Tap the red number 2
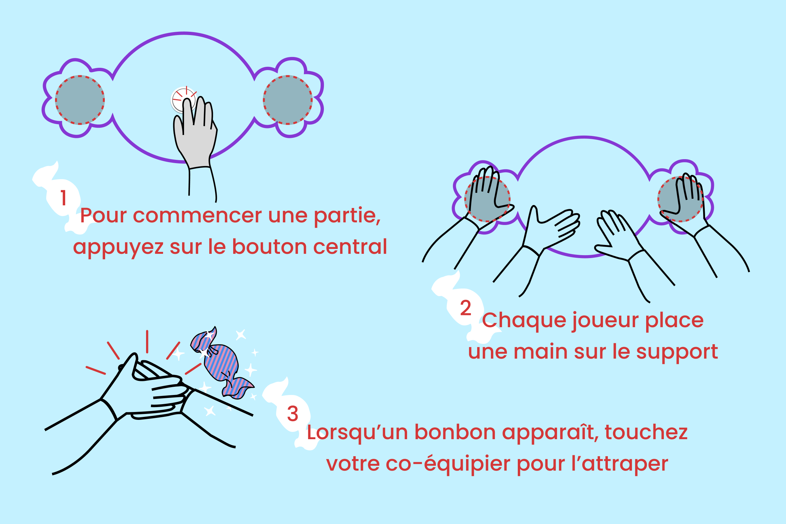pos(465,308)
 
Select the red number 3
pos(292,414)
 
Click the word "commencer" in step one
pos(197,215)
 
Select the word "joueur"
pos(605,322)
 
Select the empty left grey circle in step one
pos(80,100)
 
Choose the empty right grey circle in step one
pos(288,100)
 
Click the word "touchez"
pos(646,432)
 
